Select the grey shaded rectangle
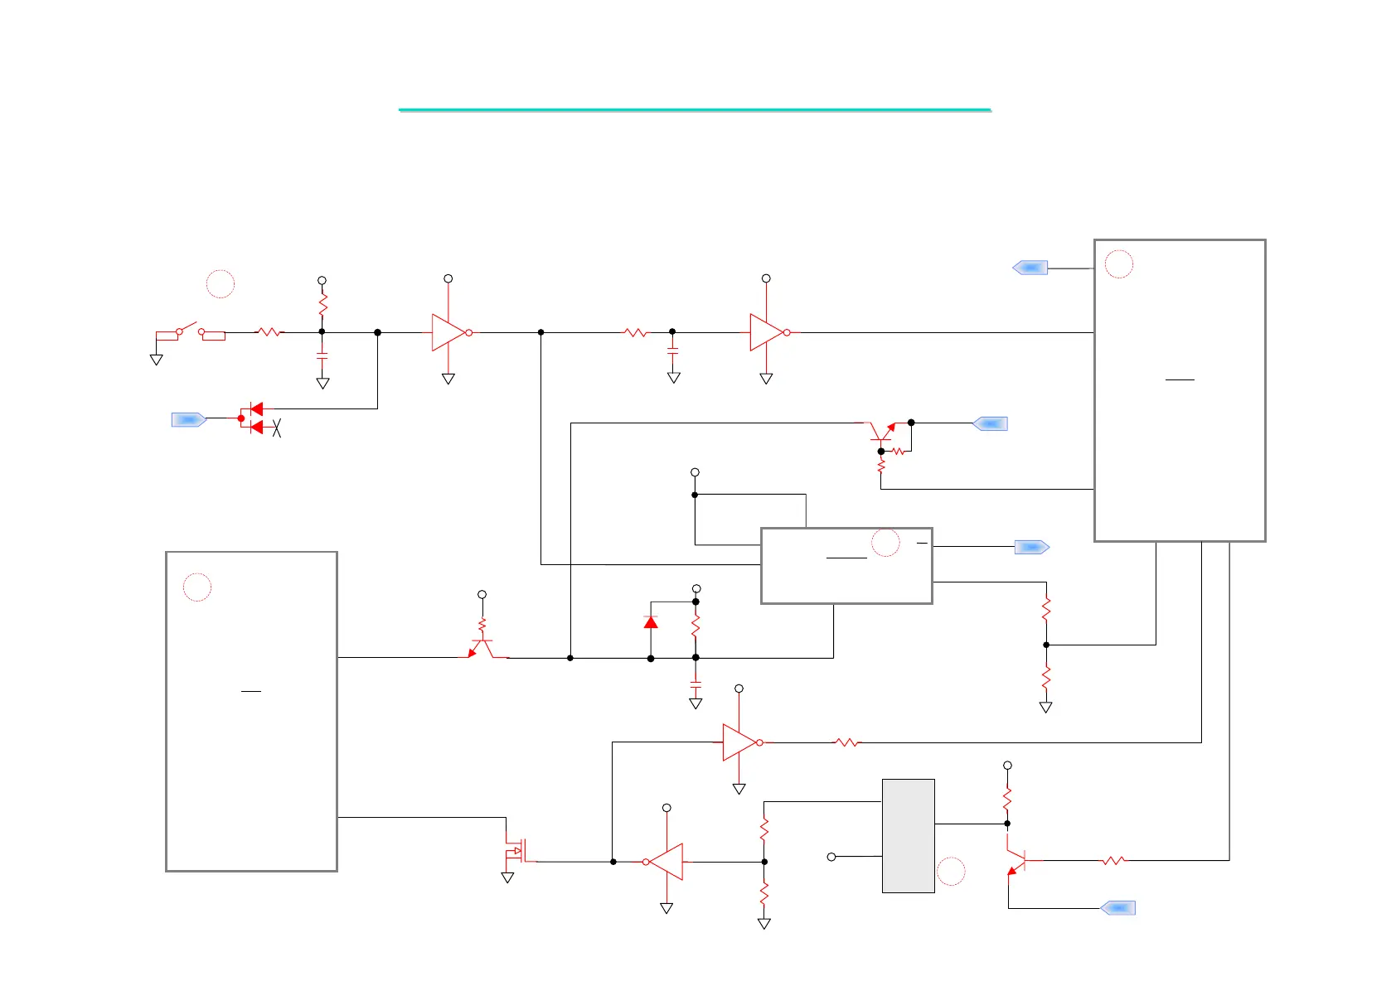[x=908, y=835]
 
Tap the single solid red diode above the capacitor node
[x=651, y=621]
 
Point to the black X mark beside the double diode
[x=277, y=428]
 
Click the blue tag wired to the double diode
[x=188, y=420]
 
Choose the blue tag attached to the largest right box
[x=1030, y=268]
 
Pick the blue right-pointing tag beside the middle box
[x=1032, y=547]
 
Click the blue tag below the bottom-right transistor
[x=1117, y=908]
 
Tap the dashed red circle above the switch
[x=221, y=283]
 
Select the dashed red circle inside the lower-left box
[x=197, y=587]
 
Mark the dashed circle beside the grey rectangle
[x=951, y=872]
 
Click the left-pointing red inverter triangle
[x=665, y=862]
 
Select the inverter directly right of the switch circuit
[x=449, y=332]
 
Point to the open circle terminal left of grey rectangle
[x=831, y=857]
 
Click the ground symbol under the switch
[x=156, y=360]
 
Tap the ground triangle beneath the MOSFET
[x=507, y=877]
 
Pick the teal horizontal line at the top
[x=695, y=109]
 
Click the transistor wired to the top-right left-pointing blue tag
[x=883, y=432]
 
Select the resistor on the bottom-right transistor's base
[x=1113, y=861]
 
